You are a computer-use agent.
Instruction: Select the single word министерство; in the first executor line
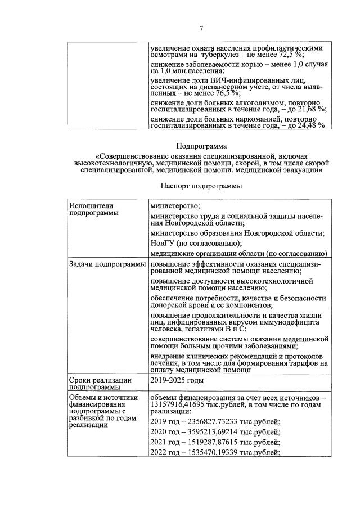tap(176, 206)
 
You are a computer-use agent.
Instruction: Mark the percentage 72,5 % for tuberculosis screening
tap(292, 55)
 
